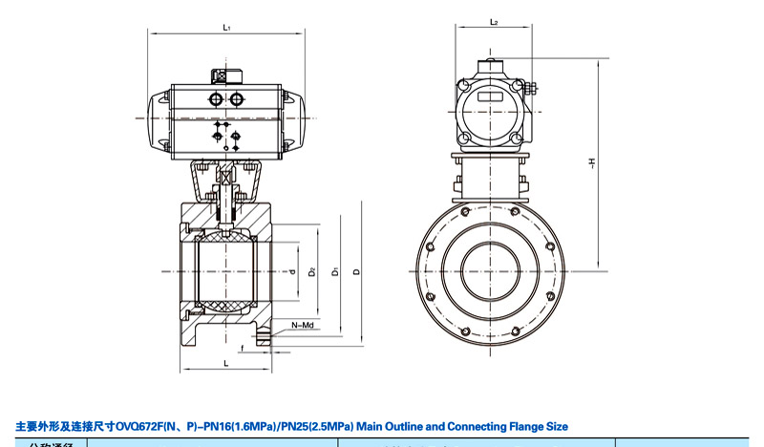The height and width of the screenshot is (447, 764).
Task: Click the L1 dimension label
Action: (x=227, y=28)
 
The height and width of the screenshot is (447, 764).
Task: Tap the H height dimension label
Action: (x=592, y=164)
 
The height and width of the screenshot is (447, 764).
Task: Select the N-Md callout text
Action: (x=304, y=325)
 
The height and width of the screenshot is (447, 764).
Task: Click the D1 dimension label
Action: (x=335, y=272)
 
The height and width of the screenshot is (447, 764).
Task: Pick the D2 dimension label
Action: (x=312, y=272)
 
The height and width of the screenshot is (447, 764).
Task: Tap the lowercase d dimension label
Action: (x=290, y=272)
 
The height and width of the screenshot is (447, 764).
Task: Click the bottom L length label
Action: (x=225, y=364)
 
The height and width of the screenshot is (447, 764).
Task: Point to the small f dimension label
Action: (x=243, y=349)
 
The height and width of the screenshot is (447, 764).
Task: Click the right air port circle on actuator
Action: (x=235, y=99)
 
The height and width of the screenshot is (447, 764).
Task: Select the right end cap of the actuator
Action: (x=296, y=122)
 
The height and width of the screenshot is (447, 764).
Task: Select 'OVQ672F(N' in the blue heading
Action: (x=142, y=426)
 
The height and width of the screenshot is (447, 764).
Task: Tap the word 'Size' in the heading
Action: (x=556, y=426)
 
